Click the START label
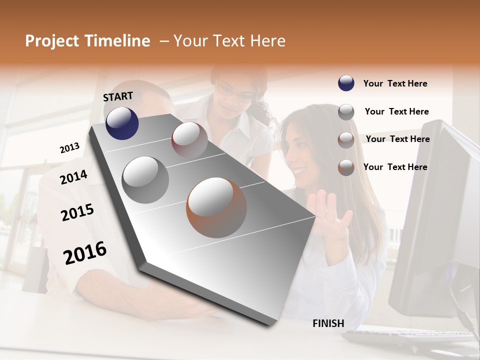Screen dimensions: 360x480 coord(118,96)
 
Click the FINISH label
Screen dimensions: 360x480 coord(328,323)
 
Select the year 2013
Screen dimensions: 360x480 coord(69,148)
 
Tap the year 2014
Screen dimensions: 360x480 coord(73,177)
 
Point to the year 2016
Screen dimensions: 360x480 coord(85,253)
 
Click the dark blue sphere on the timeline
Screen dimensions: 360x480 coord(122,123)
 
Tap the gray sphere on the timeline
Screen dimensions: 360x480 coord(145,179)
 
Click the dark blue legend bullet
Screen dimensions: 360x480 coord(346,83)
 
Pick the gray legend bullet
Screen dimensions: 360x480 coord(346,111)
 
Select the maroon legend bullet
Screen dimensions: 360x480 coord(346,139)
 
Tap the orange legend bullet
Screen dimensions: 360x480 coord(346,167)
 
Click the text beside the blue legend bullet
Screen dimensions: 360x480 coord(395,83)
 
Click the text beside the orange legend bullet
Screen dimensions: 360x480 coord(395,167)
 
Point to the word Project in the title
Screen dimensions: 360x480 coord(51,41)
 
